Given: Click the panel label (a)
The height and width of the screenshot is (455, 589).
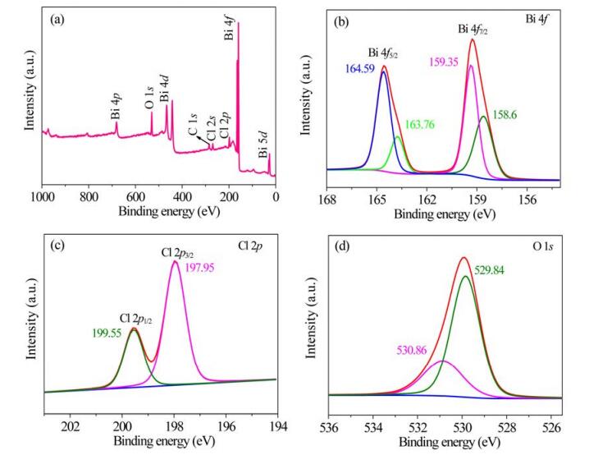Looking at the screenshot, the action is click(x=57, y=20).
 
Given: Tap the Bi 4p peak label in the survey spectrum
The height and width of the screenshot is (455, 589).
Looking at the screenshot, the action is click(x=116, y=107).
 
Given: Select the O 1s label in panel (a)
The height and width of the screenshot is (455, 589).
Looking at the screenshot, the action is click(x=149, y=98).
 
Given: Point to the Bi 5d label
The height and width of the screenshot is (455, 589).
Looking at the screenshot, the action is click(x=263, y=145).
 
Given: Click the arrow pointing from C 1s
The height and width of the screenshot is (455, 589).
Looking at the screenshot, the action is click(x=203, y=140).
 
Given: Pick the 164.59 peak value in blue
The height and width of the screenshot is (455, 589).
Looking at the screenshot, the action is click(x=360, y=69).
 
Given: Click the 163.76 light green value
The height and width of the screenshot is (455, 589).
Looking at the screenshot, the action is click(x=420, y=124).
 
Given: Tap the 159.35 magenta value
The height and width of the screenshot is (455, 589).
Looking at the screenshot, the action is click(x=444, y=62).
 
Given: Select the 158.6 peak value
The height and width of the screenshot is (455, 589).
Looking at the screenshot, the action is click(x=505, y=115).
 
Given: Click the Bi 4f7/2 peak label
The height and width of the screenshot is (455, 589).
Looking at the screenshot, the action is click(x=473, y=30).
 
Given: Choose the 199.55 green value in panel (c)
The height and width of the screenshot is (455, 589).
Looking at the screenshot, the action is click(x=107, y=333).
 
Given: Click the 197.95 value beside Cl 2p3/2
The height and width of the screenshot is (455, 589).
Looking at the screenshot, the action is click(x=200, y=268).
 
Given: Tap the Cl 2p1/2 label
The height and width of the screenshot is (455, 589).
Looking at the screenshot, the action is click(x=136, y=319).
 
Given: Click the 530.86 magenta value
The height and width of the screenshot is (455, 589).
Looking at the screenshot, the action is click(x=412, y=350).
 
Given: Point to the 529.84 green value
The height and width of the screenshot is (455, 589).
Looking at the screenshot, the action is click(x=490, y=270).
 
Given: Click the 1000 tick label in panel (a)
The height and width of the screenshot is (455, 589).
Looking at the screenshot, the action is click(x=43, y=196).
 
